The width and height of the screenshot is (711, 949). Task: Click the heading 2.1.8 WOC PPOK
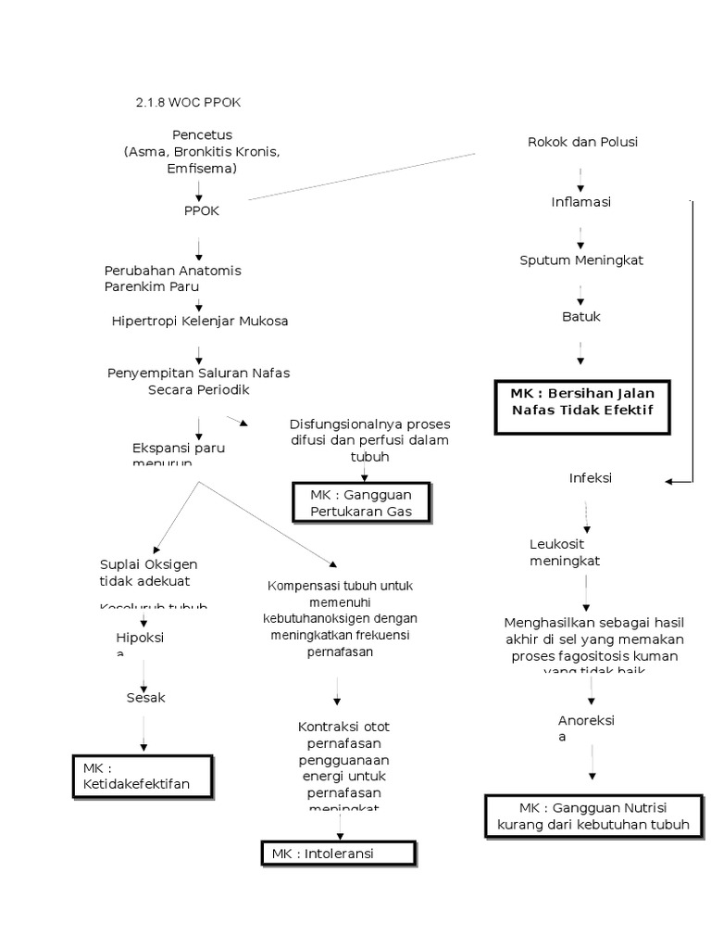[188, 102]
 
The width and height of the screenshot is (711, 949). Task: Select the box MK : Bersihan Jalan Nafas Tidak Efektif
[581, 401]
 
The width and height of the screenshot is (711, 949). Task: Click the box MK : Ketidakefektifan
[143, 776]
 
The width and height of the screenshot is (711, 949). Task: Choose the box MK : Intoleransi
[337, 854]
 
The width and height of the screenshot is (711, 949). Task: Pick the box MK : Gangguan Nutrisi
[593, 816]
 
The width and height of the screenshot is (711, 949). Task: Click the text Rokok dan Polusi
[582, 142]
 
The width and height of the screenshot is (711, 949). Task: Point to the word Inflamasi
[580, 202]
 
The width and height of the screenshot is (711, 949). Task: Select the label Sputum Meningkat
[581, 260]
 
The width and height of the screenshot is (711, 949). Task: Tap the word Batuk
[581, 317]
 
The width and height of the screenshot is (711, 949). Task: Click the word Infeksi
[590, 478]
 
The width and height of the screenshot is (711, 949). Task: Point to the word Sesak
[145, 698]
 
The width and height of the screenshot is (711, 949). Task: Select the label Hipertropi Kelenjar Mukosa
[200, 322]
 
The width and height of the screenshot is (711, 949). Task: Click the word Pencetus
[202, 135]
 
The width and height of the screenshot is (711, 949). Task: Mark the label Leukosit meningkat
[565, 552]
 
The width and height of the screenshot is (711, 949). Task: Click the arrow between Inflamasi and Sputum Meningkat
[580, 232]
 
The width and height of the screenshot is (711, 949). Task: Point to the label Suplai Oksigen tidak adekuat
[148, 573]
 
